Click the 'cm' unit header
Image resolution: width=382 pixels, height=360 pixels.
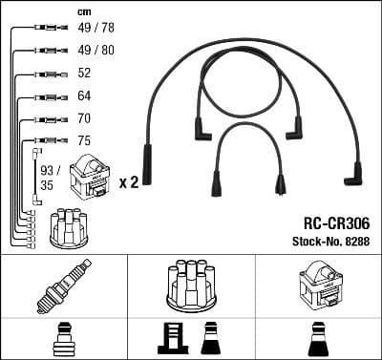click(x=83, y=12)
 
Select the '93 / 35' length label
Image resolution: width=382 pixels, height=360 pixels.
click(x=48, y=179)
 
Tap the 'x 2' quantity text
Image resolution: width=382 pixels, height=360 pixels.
click(x=128, y=180)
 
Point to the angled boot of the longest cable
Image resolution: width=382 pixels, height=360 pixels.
click(x=353, y=173)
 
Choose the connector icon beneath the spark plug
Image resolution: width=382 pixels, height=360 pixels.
click(x=63, y=339)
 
